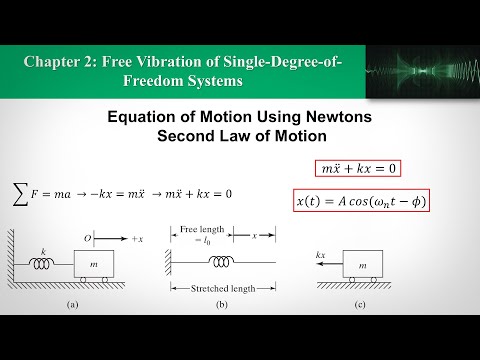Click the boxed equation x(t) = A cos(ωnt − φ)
point(361,201)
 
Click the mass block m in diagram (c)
point(361,265)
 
